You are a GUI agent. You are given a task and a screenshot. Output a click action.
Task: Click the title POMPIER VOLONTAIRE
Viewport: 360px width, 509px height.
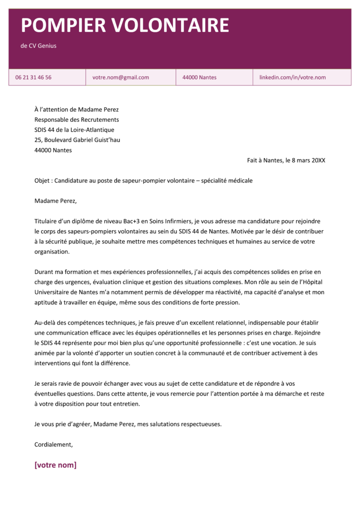[x=125, y=25]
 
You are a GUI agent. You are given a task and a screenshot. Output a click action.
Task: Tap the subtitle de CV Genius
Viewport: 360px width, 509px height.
[x=38, y=46]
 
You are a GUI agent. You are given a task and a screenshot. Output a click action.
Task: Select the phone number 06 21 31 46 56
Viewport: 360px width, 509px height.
[x=33, y=78]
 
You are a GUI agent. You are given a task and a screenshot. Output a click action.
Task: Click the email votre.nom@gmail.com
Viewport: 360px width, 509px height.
[x=121, y=78]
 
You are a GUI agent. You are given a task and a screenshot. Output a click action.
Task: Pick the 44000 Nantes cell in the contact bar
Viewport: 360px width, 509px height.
[x=199, y=78]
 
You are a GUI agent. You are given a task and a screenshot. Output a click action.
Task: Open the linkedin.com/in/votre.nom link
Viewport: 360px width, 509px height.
[x=292, y=78]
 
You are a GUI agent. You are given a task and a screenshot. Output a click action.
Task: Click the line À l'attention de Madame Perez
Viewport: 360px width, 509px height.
[x=77, y=110]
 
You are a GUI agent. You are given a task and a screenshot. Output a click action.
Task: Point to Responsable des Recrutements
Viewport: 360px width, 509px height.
[x=77, y=120]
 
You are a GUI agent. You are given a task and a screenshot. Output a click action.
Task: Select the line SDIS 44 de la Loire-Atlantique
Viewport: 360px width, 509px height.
[x=74, y=130]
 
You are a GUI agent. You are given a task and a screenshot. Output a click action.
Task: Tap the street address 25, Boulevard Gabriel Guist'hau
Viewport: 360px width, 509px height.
[x=77, y=140]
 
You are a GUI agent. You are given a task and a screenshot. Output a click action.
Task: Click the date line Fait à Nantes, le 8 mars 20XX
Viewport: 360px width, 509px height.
[x=286, y=161]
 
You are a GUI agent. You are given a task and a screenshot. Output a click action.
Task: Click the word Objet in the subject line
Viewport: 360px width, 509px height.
[x=42, y=180]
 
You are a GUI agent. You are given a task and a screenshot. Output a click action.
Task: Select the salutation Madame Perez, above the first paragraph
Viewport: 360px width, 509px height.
[x=56, y=201]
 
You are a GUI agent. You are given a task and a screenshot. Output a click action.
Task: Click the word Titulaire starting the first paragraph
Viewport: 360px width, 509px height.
[x=47, y=221]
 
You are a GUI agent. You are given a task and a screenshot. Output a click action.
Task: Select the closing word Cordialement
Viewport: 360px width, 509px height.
[x=54, y=444]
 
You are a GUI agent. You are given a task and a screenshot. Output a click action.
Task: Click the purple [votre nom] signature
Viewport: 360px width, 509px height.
[x=55, y=465]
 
